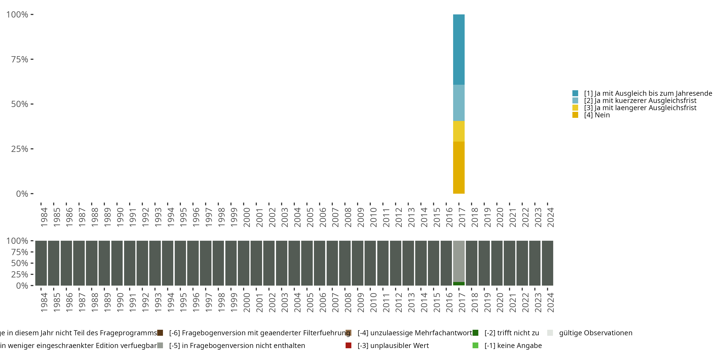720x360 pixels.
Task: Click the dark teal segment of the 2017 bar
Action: pos(459,49)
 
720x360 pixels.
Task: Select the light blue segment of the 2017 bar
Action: pos(459,103)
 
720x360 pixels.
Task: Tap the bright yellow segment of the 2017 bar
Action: pos(459,131)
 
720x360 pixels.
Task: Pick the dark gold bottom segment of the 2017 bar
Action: pos(459,168)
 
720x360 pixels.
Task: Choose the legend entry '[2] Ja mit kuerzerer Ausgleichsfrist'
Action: pos(640,101)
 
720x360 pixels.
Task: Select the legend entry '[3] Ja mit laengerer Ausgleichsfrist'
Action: pos(640,108)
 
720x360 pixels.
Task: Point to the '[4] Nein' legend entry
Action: pos(596,115)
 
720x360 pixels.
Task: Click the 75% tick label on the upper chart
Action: pos(20,59)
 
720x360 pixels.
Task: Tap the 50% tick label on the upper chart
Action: pos(20,104)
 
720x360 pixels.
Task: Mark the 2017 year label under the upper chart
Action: pos(462,217)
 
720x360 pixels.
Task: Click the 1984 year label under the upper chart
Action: pos(44,217)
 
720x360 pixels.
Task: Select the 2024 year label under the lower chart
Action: pos(550,303)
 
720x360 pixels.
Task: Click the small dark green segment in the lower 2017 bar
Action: pos(459,284)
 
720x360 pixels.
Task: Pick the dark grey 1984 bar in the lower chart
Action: pos(41,263)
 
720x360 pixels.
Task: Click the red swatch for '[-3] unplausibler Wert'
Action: pos(348,345)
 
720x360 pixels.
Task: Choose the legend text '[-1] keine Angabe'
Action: pos(513,345)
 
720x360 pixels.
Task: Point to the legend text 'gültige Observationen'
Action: pos(595,333)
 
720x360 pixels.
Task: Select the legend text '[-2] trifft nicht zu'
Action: pos(511,333)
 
